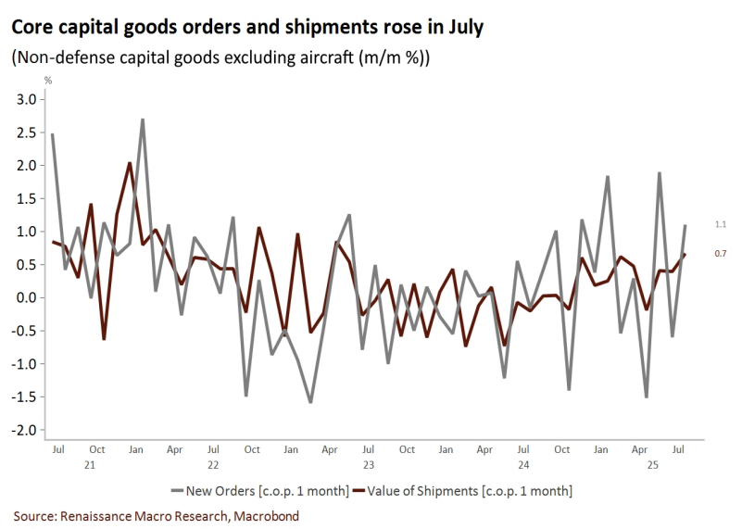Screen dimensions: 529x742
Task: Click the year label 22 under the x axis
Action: [x=213, y=465]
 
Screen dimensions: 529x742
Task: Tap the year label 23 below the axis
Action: [x=369, y=465]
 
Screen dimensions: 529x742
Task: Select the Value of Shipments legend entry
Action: [x=473, y=489]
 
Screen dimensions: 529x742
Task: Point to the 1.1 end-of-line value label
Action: [x=720, y=225]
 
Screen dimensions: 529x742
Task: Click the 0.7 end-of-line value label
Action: [x=720, y=253]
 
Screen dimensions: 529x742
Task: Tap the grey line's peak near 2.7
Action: [x=143, y=120]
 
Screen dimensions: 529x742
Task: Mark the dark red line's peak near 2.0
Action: [x=130, y=163]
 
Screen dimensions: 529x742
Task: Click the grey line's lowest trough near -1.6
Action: [x=310, y=402]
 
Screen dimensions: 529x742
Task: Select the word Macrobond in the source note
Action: [x=267, y=515]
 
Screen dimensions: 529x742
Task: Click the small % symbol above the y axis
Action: [x=48, y=81]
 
